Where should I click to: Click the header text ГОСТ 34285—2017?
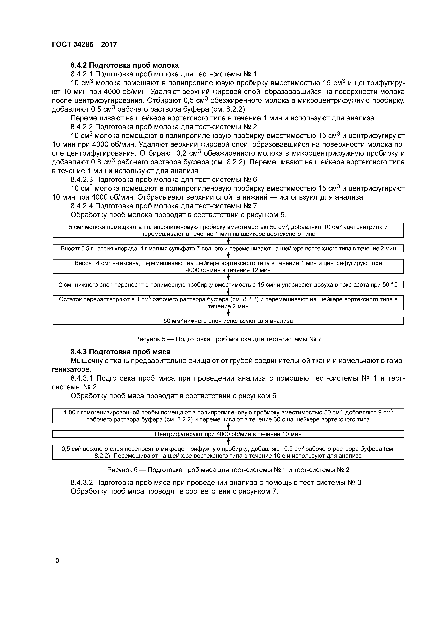84,44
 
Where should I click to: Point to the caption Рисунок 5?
228,339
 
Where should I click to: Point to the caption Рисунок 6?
228,470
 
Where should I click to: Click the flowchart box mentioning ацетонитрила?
228,230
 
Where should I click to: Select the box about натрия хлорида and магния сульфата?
228,248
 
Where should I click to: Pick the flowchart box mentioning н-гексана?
228,266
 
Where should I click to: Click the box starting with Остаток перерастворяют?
228,303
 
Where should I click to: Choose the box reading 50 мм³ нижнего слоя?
228,321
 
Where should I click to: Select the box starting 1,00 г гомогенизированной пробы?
228,416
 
